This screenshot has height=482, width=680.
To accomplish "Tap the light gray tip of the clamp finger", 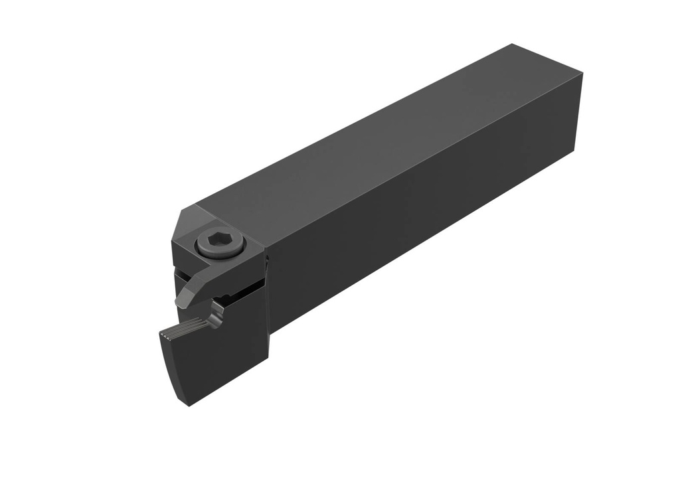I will pyautogui.click(x=181, y=302).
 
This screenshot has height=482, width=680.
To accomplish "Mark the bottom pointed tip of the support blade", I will pyautogui.click(x=189, y=406).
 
